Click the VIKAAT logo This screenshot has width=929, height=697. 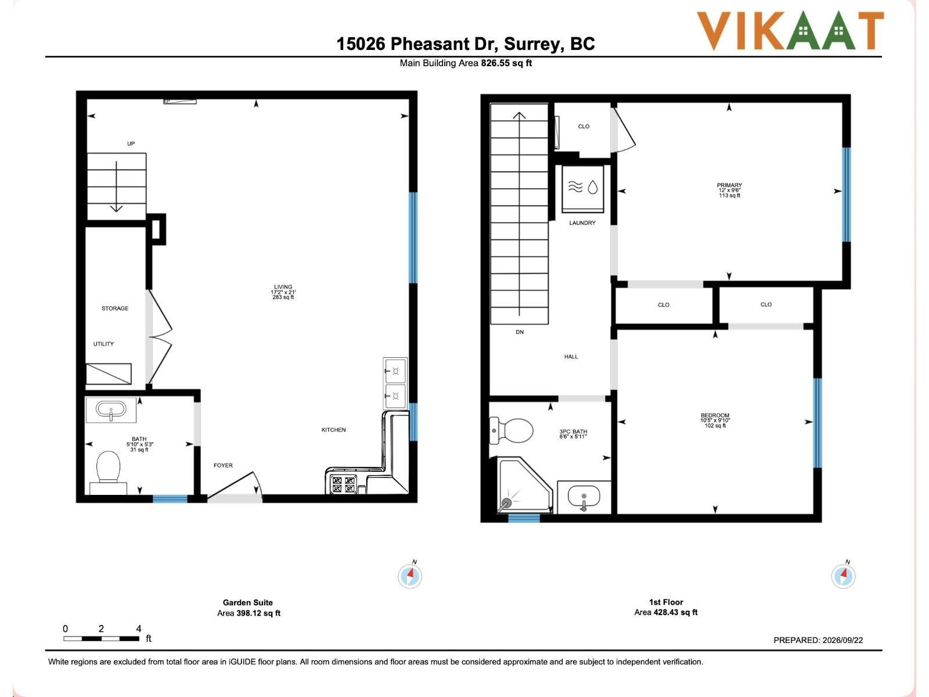(790, 30)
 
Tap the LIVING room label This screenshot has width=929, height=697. (283, 286)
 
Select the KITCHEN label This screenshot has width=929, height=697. (333, 430)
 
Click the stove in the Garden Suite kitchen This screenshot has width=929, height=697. (343, 484)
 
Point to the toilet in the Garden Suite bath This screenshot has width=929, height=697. (109, 472)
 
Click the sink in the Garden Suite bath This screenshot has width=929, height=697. (111, 409)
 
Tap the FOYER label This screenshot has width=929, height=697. (223, 465)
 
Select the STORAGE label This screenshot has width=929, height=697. (115, 308)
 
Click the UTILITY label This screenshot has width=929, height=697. (103, 344)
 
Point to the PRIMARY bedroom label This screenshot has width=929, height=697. (729, 185)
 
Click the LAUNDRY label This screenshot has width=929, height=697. (582, 222)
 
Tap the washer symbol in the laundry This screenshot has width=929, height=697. (583, 189)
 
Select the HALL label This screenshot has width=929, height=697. (571, 356)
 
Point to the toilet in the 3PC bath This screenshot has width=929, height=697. (511, 431)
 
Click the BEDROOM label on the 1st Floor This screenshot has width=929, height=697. (715, 415)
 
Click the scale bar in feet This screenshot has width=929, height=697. (102, 638)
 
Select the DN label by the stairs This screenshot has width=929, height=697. (520, 332)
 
